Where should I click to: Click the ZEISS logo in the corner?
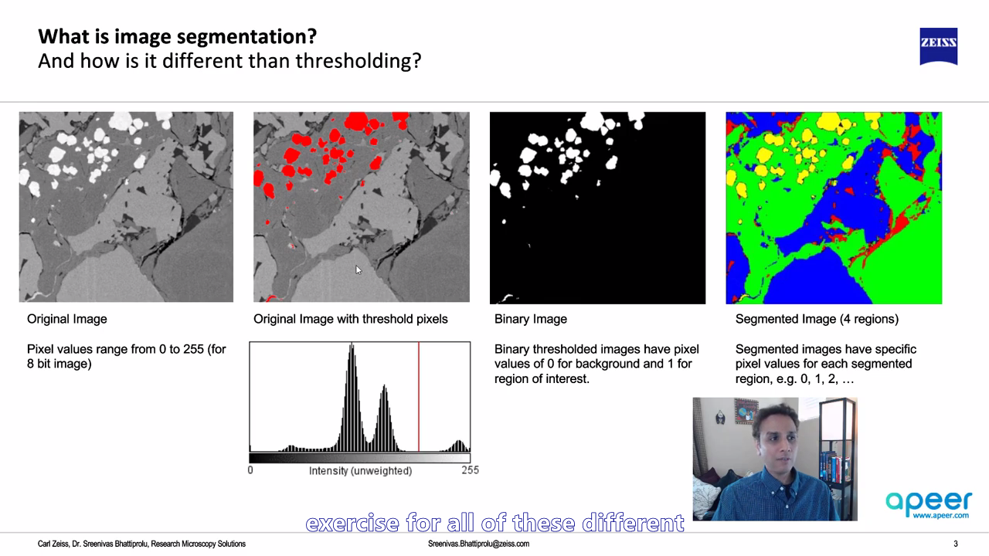[x=938, y=46]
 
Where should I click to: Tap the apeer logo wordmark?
[x=929, y=502]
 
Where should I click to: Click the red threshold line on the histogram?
[x=419, y=396]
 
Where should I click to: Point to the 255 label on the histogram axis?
[x=471, y=470]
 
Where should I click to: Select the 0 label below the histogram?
[x=250, y=470]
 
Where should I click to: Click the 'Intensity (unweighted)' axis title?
[x=360, y=471]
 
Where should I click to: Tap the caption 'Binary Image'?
[x=530, y=319]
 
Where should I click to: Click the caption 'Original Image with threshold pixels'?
[x=350, y=319]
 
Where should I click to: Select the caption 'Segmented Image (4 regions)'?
[x=817, y=319]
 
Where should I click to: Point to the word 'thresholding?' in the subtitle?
[x=359, y=61]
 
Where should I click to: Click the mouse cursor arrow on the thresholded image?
[x=358, y=270]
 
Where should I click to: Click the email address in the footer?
[x=478, y=544]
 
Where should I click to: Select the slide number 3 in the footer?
[x=956, y=544]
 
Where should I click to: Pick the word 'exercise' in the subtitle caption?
[x=352, y=524]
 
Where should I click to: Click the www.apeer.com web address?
[x=940, y=515]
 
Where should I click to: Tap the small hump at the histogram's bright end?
[x=459, y=446]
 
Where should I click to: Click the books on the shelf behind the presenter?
[x=834, y=469]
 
